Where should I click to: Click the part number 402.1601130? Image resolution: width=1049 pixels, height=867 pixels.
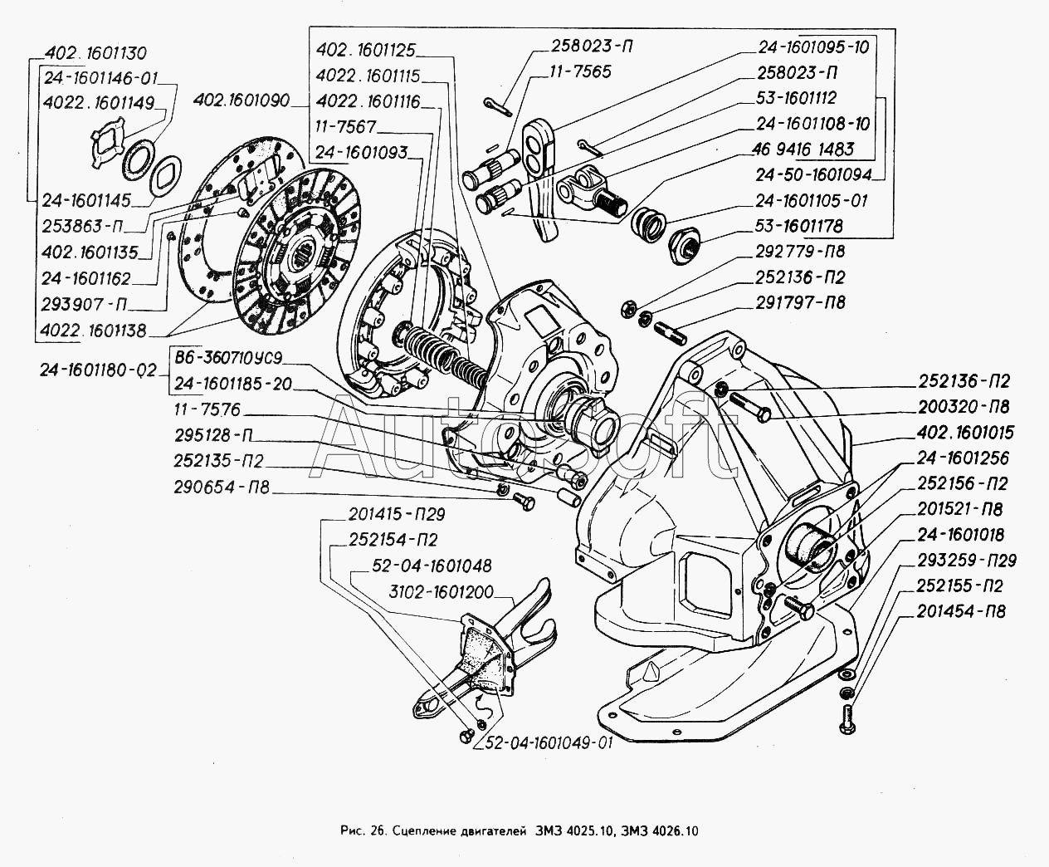(x=93, y=54)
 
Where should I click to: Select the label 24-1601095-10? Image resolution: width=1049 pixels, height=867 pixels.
(x=812, y=47)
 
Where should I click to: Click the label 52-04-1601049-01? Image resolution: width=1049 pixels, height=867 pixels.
(x=544, y=742)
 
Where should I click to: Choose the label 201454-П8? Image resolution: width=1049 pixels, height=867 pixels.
(x=963, y=612)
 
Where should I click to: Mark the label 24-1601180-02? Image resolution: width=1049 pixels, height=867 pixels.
(x=97, y=371)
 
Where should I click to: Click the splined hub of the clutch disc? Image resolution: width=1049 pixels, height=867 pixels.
(x=308, y=247)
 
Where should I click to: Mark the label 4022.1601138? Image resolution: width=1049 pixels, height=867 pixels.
(x=91, y=331)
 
